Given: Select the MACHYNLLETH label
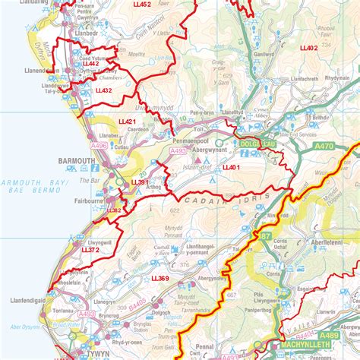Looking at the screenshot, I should coord(304,346).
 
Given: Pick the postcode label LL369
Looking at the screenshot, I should coord(160,279).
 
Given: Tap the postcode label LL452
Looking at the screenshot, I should coord(141,5).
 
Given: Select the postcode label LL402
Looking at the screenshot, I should coord(308,48).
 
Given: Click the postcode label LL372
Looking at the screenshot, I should coord(91,249).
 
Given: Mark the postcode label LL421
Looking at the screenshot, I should coord(127,122).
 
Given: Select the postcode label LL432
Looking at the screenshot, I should coord(103,90).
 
